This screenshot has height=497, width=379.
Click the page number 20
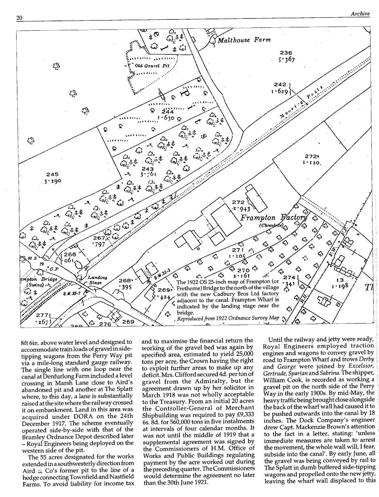19,18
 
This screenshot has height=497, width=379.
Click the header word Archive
360,13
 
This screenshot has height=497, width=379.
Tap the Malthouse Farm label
244,40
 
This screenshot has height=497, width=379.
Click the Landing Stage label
97,280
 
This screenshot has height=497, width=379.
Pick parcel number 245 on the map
52,175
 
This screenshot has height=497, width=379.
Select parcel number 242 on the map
280,85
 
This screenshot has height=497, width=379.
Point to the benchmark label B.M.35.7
72,293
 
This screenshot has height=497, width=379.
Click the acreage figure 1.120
311,163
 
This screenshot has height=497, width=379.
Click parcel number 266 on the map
70,255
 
